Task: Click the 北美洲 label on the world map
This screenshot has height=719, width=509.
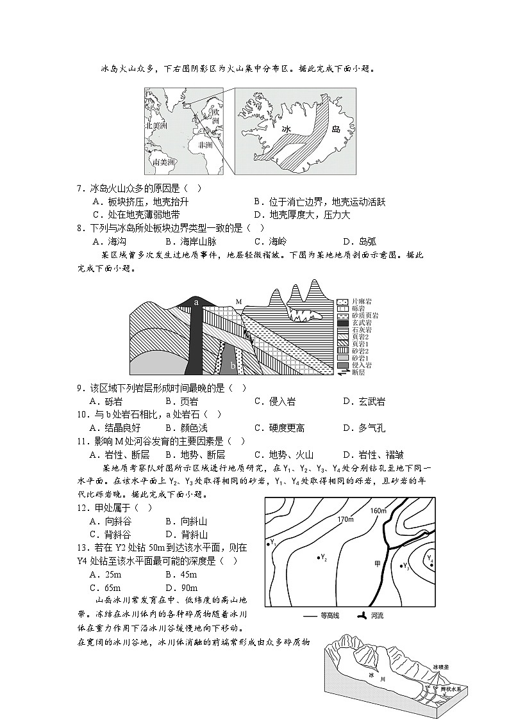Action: pos(156,126)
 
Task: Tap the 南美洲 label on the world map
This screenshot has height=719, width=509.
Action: pos(163,163)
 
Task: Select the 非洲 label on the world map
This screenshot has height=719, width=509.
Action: pos(206,145)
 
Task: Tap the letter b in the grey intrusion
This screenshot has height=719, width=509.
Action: pos(233,365)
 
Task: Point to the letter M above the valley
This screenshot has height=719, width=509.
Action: pos(238,300)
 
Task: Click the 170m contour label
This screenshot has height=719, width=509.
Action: pos(345,519)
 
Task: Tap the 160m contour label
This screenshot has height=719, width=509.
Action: pos(379,510)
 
